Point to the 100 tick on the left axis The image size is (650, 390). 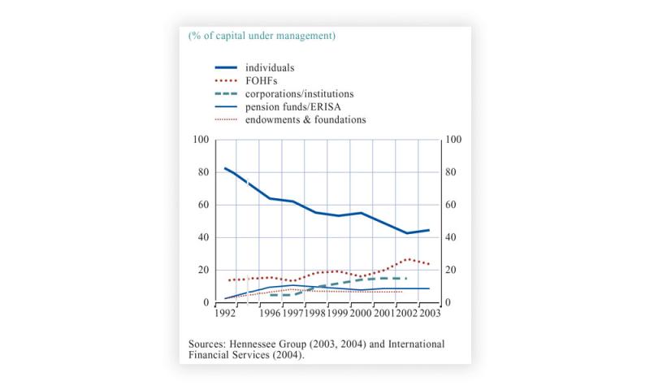pos(201,140)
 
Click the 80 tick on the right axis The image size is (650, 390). pos(454,172)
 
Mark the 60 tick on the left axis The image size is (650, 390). pos(203,205)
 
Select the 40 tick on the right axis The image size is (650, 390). pos(454,237)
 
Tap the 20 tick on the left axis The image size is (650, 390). pos(203,270)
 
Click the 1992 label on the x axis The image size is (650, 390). pos(225,313)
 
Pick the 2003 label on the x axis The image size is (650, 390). pos(428,313)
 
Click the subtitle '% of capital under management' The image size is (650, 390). pos(262,36)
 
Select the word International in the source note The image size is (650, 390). pos(410,344)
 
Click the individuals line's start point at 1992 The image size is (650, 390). pos(225,168)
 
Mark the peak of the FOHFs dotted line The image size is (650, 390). pos(408,259)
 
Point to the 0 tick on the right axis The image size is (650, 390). pos(449,302)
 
